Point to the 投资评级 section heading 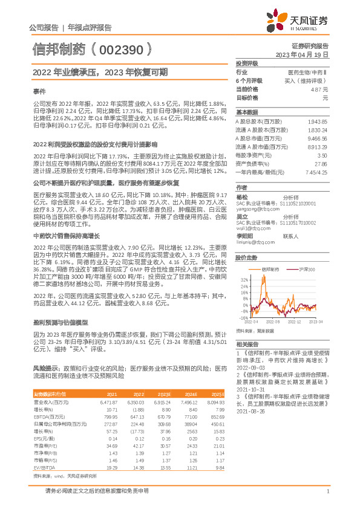[x=247, y=63]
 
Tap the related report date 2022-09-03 [x=250, y=367]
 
